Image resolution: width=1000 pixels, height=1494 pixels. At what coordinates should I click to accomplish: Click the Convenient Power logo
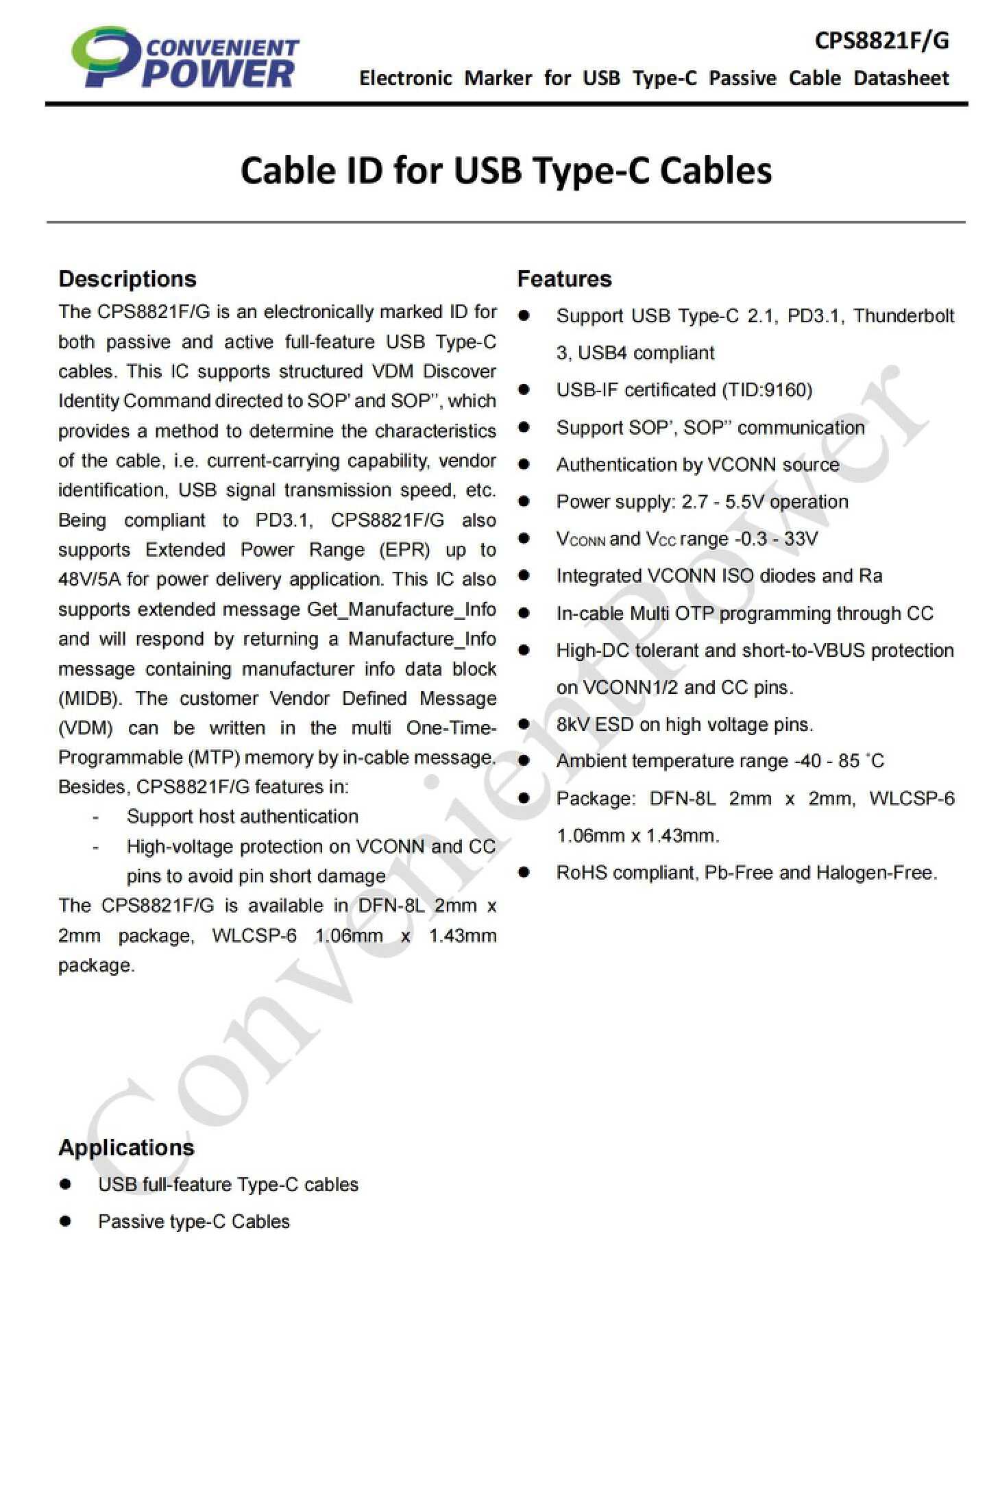click(x=185, y=58)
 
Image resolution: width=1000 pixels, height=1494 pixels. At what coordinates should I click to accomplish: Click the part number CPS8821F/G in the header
click(x=881, y=41)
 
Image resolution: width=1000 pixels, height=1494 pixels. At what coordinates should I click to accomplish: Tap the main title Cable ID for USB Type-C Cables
click(x=506, y=170)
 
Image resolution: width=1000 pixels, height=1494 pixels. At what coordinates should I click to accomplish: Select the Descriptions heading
click(x=127, y=279)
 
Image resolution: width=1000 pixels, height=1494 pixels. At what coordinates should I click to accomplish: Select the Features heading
click(x=564, y=279)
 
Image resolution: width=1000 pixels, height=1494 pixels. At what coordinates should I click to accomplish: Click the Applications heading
click(x=126, y=1148)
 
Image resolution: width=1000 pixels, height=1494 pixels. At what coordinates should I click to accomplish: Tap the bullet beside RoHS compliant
click(x=524, y=872)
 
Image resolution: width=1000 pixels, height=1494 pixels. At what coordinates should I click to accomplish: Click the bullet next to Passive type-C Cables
click(x=66, y=1221)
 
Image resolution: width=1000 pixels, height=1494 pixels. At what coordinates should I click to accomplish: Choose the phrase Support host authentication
click(x=242, y=817)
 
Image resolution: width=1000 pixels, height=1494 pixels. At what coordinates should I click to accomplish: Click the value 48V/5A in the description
click(x=89, y=579)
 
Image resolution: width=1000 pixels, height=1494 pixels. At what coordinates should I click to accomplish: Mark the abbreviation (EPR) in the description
click(x=404, y=550)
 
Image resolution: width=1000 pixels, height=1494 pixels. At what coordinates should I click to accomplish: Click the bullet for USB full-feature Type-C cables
click(x=66, y=1184)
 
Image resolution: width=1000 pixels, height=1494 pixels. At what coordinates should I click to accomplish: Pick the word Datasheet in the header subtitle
click(x=901, y=78)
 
